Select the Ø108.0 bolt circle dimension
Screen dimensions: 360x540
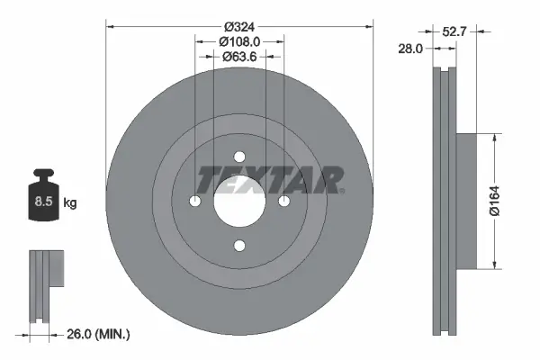[239, 41]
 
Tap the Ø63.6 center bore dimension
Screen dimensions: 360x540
[239, 57]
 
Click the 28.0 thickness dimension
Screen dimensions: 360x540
[409, 49]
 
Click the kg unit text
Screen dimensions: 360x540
[70, 203]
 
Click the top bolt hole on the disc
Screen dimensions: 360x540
[239, 157]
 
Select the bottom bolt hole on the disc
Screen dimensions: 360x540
[239, 245]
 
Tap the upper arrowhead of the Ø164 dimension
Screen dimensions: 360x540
[494, 139]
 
